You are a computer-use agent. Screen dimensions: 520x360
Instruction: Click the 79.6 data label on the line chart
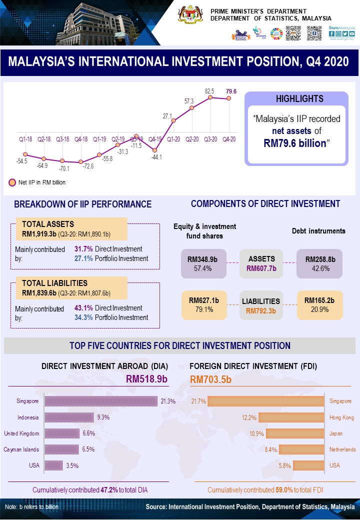click(231, 91)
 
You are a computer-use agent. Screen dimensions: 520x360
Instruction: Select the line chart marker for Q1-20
click(173, 120)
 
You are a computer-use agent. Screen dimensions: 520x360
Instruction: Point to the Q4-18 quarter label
click(81, 138)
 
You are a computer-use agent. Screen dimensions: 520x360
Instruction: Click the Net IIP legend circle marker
click(12, 182)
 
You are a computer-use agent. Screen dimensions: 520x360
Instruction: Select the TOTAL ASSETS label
click(47, 224)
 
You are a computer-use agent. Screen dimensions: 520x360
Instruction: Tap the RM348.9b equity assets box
click(202, 263)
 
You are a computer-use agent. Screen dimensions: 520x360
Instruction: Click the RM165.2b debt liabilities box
click(319, 304)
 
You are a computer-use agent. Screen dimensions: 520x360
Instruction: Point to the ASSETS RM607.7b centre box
click(261, 263)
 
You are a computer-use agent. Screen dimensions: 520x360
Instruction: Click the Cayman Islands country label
click(21, 449)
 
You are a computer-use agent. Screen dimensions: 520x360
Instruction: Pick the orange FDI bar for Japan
click(295, 433)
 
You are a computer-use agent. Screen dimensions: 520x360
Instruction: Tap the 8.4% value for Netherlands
click(270, 449)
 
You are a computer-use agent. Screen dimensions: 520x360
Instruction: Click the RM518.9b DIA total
click(146, 379)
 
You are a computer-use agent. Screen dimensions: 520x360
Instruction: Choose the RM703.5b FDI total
click(211, 379)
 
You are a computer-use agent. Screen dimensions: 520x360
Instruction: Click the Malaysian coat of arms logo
click(191, 15)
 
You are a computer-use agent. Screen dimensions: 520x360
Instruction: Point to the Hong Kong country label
click(341, 417)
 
